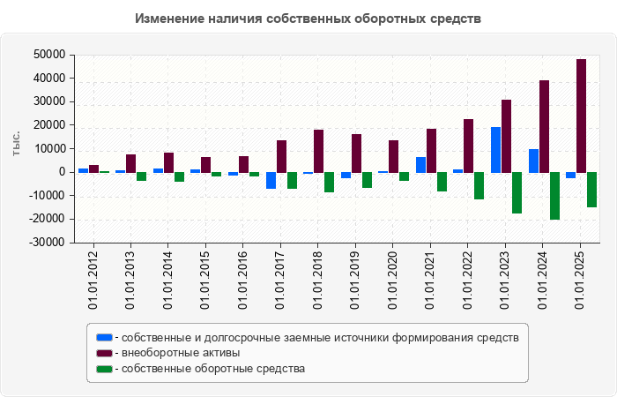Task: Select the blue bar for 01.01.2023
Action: pos(496,150)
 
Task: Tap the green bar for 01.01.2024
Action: pos(554,196)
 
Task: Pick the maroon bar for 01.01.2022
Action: pos(469,146)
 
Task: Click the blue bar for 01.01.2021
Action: pos(421,165)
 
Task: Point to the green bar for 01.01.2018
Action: pos(329,182)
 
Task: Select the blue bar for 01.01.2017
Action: pos(271,180)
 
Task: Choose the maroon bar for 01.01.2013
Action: pos(130,163)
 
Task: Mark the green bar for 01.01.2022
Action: pos(479,185)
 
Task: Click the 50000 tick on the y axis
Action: pos(50,55)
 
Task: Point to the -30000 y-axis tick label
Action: pos(48,243)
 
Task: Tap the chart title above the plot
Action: pos(308,19)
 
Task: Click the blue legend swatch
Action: pos(104,337)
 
